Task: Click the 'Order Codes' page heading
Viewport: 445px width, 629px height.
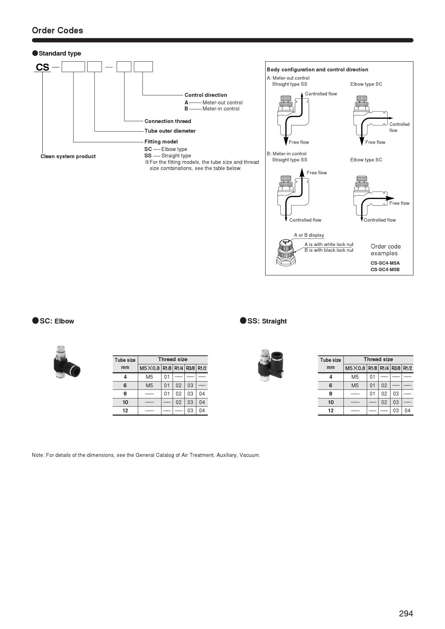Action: click(57, 30)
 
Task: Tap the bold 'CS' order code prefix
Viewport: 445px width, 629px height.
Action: click(42, 67)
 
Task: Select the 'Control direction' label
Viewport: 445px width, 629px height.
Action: click(206, 95)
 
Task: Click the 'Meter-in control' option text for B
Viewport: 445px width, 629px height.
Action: click(221, 109)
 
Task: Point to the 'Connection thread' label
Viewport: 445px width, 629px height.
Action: click(168, 121)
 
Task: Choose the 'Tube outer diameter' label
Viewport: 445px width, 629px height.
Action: click(170, 131)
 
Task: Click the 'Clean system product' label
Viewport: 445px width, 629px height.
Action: click(68, 156)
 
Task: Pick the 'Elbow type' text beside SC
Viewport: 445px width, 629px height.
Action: click(174, 149)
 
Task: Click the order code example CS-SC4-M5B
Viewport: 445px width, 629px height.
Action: click(385, 269)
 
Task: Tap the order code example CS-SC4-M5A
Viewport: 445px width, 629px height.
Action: click(385, 263)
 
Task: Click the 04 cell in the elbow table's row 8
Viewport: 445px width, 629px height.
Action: click(202, 394)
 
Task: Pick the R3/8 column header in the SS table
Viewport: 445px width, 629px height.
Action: click(396, 368)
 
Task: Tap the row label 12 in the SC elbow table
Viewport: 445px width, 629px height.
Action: click(125, 411)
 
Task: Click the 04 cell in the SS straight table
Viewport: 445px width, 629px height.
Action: click(407, 411)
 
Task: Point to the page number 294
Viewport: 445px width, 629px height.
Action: click(406, 614)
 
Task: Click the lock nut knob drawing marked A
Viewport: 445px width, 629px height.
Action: click(286, 251)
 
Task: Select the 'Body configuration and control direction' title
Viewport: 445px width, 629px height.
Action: click(317, 70)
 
